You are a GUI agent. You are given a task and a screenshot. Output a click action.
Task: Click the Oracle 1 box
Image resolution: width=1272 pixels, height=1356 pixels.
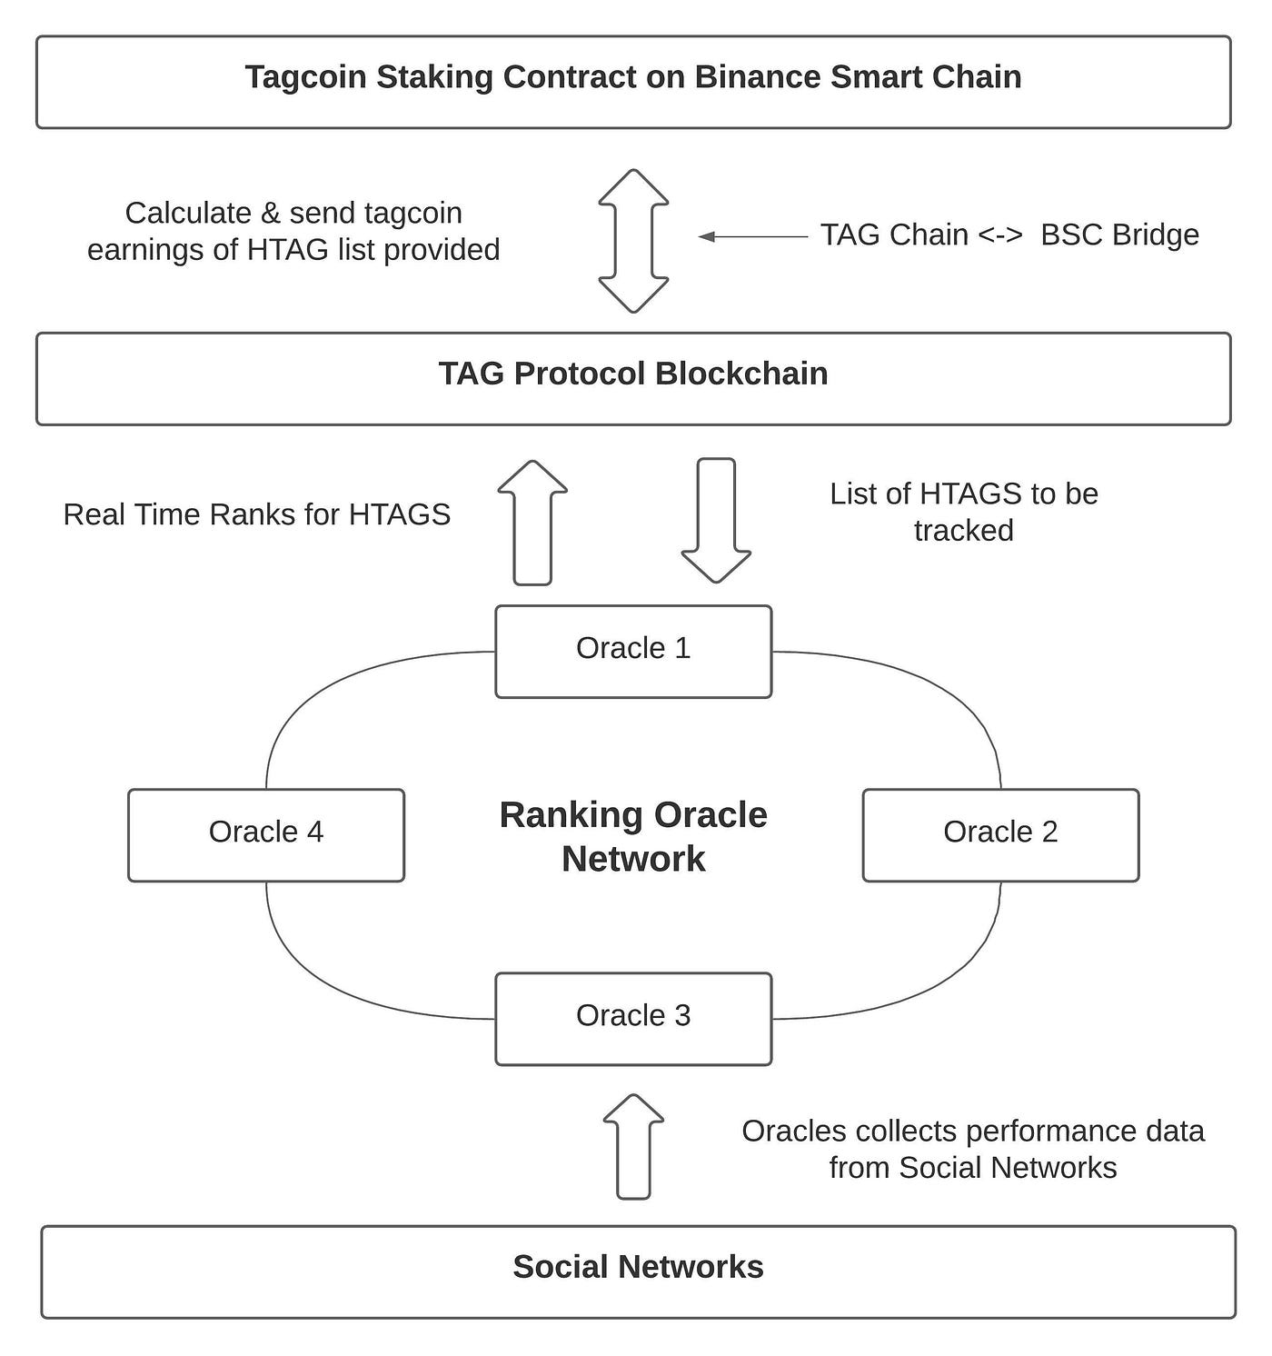633,651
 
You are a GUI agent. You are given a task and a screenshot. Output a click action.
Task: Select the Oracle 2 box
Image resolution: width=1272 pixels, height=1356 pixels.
1000,834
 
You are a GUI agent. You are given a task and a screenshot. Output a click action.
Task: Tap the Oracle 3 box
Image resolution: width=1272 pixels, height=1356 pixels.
633,1018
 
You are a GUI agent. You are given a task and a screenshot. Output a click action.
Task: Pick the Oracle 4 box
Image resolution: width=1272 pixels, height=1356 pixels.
266,834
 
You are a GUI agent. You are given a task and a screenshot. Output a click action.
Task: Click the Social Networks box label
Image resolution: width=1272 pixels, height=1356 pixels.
638,1267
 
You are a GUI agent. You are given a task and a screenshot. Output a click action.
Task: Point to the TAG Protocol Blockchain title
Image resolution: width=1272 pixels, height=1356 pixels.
633,374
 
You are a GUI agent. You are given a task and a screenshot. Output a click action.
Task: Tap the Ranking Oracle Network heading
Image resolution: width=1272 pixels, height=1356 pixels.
633,836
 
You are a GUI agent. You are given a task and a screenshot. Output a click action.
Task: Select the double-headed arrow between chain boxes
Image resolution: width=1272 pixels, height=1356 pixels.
633,241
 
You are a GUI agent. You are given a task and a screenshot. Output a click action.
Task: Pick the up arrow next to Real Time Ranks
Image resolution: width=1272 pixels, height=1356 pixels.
532,523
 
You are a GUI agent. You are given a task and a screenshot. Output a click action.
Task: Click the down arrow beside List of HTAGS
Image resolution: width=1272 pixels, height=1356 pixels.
716,520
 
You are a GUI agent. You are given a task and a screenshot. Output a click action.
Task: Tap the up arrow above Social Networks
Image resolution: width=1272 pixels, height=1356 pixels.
633,1147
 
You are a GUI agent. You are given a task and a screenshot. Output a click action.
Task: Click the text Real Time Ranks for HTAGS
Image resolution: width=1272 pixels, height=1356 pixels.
256,514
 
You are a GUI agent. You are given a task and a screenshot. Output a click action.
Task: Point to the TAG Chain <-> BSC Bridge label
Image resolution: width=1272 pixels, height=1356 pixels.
1009,234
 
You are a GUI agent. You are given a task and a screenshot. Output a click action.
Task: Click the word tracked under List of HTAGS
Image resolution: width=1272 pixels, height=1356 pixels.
963,530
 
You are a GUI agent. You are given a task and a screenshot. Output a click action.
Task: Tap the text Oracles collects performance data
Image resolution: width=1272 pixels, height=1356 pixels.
972,1131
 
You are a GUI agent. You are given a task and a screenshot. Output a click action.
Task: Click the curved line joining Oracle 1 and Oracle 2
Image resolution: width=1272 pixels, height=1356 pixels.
945,691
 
